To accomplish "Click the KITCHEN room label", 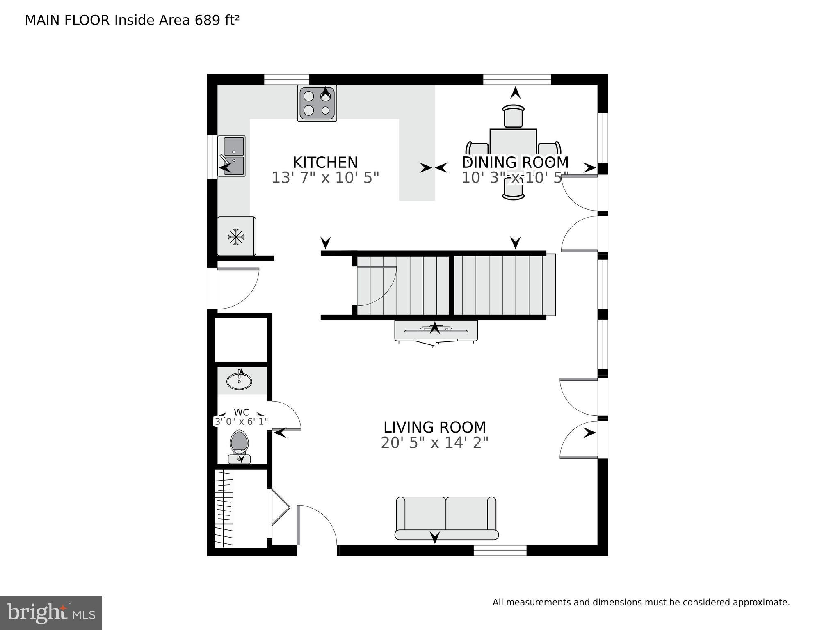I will click(325, 163).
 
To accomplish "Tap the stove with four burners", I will click(317, 103).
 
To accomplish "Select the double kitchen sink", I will click(231, 156).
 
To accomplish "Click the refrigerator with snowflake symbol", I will click(236, 237).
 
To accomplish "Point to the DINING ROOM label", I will click(515, 163).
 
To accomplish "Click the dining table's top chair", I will click(513, 116).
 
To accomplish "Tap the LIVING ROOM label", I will click(434, 427).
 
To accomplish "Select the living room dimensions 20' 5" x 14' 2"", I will click(434, 443).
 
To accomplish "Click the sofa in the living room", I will click(446, 518).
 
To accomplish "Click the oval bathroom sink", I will click(239, 381).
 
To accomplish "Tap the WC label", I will click(241, 412).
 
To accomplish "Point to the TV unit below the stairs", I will click(436, 331).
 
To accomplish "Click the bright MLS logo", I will click(51, 613).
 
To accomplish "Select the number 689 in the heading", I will click(208, 20).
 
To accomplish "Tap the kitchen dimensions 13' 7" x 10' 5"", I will click(325, 178).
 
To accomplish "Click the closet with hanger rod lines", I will click(225, 508).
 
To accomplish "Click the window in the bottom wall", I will click(500, 550).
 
